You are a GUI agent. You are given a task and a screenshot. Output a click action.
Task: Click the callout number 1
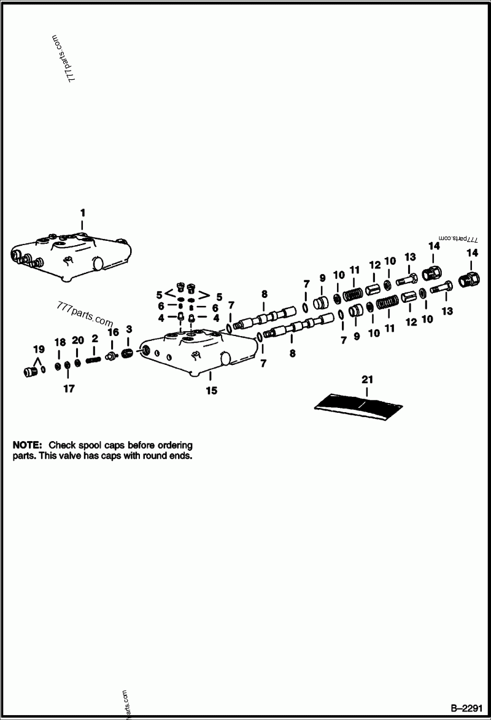[83, 213]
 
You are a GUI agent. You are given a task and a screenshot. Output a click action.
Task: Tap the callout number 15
[211, 390]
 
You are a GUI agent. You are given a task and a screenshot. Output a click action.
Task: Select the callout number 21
[367, 379]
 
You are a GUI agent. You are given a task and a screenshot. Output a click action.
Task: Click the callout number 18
[60, 342]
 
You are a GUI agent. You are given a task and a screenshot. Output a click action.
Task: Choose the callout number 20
[77, 340]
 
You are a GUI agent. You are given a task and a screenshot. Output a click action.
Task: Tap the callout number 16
[113, 332]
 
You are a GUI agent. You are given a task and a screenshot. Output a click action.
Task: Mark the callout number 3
[129, 329]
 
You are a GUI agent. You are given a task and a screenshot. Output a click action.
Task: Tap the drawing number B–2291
[468, 706]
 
